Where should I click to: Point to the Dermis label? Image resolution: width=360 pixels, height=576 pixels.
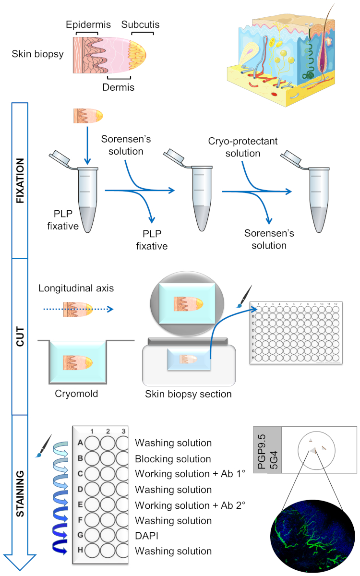(118, 87)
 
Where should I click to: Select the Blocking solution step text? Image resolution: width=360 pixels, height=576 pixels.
(173, 459)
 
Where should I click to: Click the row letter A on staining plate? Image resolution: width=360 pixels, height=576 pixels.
(80, 444)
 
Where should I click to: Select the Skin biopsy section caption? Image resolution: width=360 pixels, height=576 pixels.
(189, 394)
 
